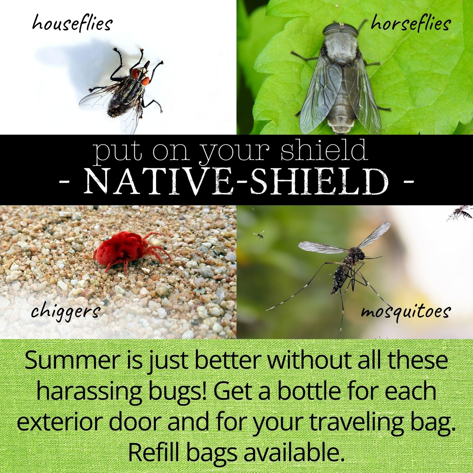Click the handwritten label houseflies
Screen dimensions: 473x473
pyautogui.click(x=72, y=24)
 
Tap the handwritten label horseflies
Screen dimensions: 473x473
pyautogui.click(x=411, y=24)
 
